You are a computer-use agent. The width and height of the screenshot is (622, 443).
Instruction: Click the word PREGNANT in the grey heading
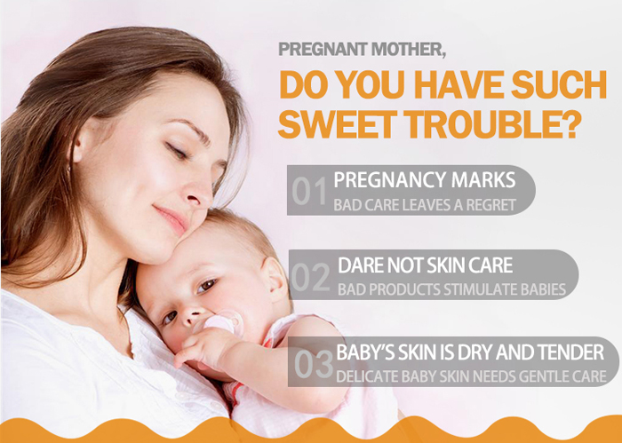(323, 49)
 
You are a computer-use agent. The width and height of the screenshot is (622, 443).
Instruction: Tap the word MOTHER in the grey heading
(408, 50)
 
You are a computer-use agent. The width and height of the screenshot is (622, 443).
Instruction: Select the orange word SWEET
(338, 124)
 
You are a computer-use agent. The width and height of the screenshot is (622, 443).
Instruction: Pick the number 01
(309, 191)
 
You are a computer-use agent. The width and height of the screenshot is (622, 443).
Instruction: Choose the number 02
(310, 277)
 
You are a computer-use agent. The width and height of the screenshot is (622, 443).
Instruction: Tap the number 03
(314, 363)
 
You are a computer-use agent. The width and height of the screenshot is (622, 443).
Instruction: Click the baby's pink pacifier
(223, 321)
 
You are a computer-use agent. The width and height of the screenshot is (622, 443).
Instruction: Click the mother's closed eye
(176, 151)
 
